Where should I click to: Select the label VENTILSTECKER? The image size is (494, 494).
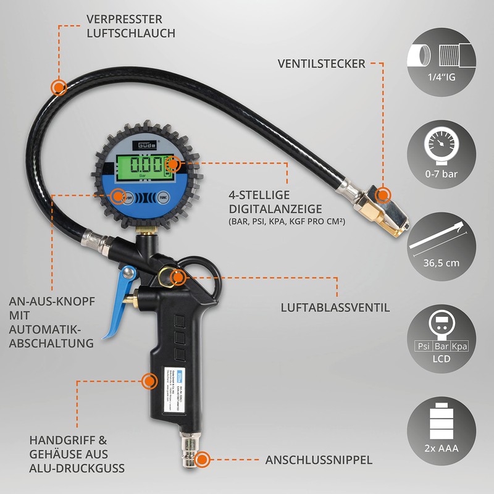(x=321, y=63)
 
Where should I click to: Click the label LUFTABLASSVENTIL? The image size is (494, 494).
(x=335, y=307)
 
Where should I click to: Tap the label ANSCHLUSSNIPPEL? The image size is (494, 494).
(x=319, y=460)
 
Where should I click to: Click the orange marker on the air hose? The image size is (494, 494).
(x=59, y=87)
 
